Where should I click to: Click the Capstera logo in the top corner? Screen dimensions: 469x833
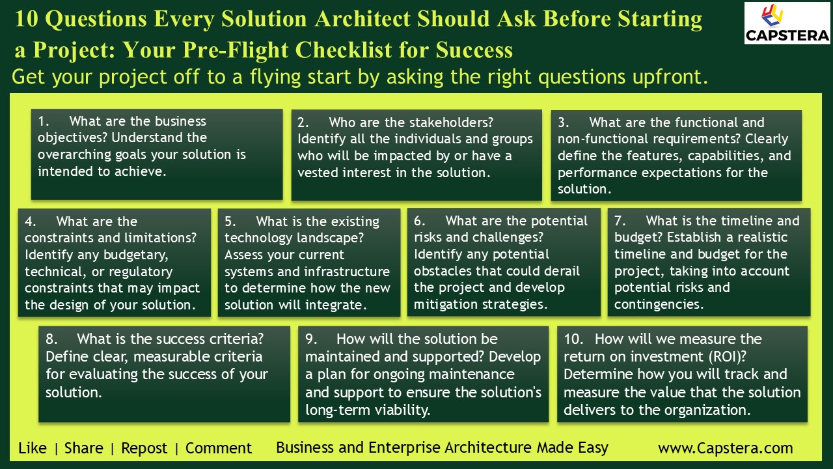tap(787, 23)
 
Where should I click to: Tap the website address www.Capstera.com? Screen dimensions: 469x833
tap(725, 448)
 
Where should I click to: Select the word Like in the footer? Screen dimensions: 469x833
tap(33, 448)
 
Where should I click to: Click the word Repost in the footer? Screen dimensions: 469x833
tap(144, 448)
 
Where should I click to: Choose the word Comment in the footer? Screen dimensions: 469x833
tap(219, 448)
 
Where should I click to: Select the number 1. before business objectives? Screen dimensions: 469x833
tap(44, 121)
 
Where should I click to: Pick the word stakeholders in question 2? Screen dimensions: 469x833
tap(450, 122)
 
